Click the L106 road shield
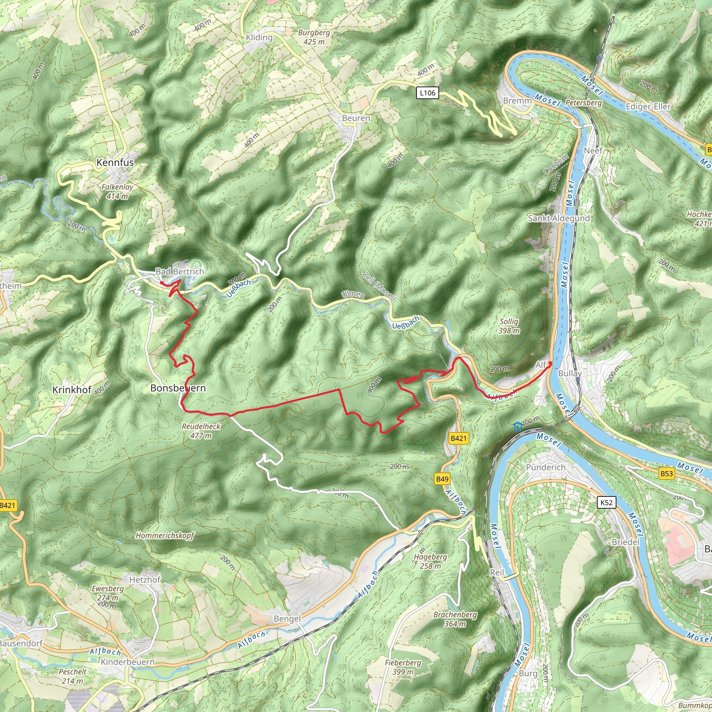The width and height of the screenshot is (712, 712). tap(428, 93)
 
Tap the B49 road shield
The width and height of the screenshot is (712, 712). tap(442, 479)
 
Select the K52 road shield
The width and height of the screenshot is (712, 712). tap(606, 502)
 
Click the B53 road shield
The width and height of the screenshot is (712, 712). tap(666, 473)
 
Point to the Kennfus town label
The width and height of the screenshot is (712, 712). tap(115, 162)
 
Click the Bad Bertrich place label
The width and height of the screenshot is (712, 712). tap(180, 271)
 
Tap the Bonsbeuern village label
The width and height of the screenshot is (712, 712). tap(178, 388)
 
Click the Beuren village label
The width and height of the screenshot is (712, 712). tap(356, 118)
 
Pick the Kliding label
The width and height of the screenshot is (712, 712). tap(259, 37)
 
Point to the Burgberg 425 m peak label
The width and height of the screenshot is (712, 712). tap(314, 37)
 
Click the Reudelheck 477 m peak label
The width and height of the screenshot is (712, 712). tap(201, 431)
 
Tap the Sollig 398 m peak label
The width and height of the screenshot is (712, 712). tap(509, 326)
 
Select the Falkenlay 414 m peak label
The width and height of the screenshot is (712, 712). tap(117, 192)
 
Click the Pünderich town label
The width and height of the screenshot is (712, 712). tap(545, 467)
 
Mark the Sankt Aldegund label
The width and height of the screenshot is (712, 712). tap(559, 218)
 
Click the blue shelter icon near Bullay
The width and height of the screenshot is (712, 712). tap(518, 427)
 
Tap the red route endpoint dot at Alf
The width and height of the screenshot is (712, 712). tap(550, 363)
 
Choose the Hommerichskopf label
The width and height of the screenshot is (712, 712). tap(165, 535)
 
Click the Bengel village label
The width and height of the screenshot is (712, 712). tap(287, 619)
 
